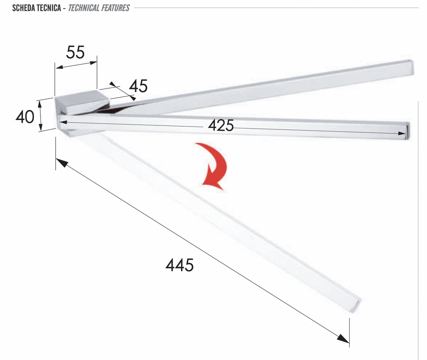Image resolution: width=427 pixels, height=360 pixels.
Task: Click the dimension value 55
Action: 76,52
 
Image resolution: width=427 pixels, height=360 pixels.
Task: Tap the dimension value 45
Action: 138,86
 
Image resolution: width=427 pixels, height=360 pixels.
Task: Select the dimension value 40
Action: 25,117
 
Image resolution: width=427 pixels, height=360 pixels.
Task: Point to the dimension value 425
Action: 221,125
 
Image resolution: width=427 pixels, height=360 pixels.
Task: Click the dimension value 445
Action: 180,265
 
